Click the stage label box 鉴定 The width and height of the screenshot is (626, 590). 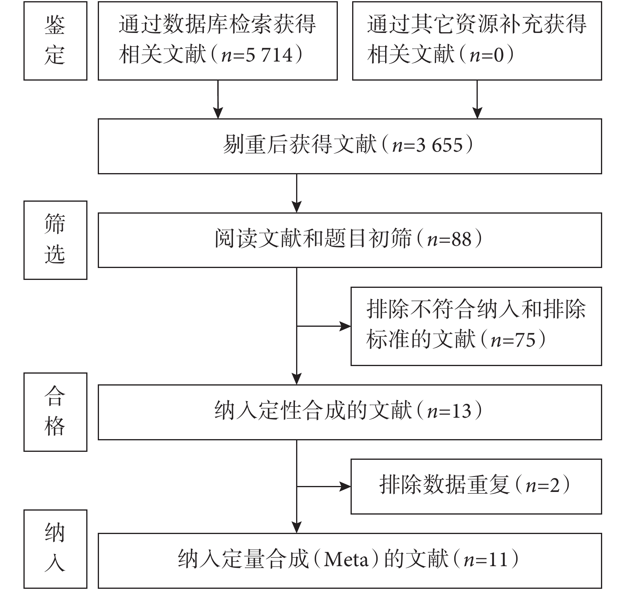[55, 40]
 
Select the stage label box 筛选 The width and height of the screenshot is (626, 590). [55, 240]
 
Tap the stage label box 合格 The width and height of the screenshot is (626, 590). [55, 412]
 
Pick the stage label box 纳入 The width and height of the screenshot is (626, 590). [55, 549]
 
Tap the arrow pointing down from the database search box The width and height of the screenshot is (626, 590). [218, 99]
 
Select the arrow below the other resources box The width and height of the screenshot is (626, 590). [477, 99]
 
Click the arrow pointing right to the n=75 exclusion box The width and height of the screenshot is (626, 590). [324, 326]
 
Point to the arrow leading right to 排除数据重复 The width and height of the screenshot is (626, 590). [324, 486]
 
